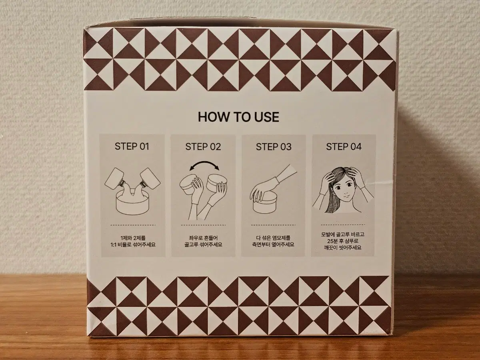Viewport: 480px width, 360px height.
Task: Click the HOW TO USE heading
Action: pyautogui.click(x=238, y=117)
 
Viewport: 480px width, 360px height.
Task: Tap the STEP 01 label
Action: pyautogui.click(x=132, y=146)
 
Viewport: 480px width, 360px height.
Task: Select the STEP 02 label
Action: pyautogui.click(x=203, y=147)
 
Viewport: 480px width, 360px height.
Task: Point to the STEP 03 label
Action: pyautogui.click(x=274, y=147)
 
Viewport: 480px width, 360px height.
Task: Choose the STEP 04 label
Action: pyautogui.click(x=344, y=147)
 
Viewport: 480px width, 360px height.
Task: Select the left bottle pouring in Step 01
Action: pyautogui.click(x=116, y=181)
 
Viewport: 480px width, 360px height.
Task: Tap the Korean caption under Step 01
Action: pyautogui.click(x=133, y=241)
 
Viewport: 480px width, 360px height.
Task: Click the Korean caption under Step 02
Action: pyautogui.click(x=203, y=241)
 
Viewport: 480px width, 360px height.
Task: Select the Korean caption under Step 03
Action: pyautogui.click(x=273, y=241)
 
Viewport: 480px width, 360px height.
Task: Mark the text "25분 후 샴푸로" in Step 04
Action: pyautogui.click(x=342, y=241)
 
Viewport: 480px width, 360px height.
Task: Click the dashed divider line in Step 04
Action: pyautogui.click(x=343, y=224)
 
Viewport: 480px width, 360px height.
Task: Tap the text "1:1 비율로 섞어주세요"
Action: pyautogui.click(x=133, y=244)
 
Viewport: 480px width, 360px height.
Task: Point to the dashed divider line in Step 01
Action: pyautogui.click(x=133, y=225)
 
